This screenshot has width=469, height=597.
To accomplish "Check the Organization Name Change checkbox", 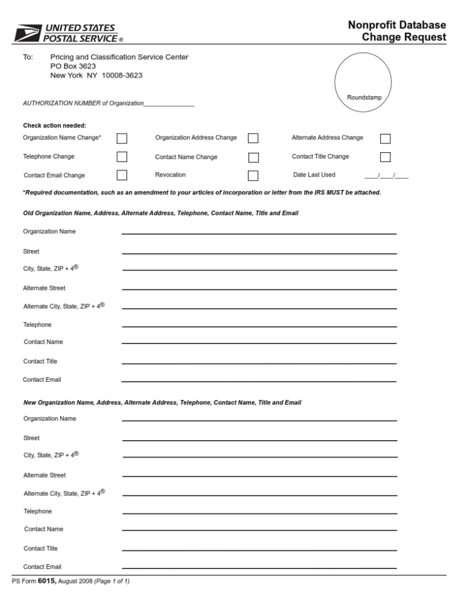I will point(122,138).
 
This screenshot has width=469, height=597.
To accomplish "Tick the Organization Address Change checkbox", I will point(253,138).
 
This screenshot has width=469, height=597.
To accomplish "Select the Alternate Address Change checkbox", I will point(385,139).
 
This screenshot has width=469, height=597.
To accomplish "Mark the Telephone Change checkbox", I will point(122,157).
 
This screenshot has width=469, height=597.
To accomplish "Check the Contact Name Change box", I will point(253,157).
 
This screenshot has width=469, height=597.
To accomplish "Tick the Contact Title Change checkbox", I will point(385,157).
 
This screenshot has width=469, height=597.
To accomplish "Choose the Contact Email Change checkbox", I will point(122,175).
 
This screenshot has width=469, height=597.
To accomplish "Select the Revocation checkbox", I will point(253,175).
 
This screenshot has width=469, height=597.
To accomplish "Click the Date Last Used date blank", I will point(386,175).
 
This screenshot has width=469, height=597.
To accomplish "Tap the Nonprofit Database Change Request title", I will point(397,31).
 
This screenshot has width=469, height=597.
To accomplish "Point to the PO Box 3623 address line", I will point(73,66).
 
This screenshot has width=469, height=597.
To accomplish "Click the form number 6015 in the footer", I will point(47,581).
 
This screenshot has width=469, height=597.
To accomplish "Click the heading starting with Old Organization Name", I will point(160,213).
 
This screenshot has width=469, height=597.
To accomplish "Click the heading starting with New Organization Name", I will point(162,403).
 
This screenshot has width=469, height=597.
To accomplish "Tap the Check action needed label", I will point(54,125).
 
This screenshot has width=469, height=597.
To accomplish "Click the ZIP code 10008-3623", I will point(122,76).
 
